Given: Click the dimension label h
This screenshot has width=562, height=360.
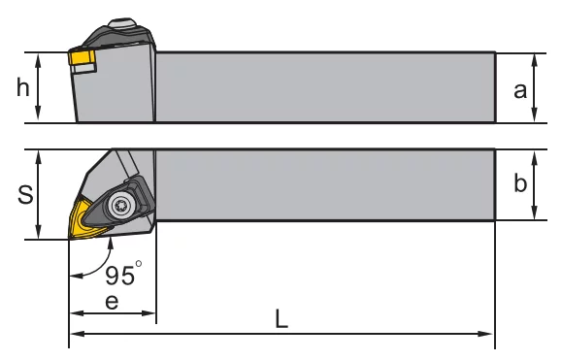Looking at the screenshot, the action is tap(23, 87).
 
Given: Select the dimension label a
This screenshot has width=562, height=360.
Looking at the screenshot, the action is tap(520, 90).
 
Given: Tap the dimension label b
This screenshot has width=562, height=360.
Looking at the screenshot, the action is tap(520, 182).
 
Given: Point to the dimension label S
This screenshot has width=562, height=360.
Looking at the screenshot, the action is tap(25, 194).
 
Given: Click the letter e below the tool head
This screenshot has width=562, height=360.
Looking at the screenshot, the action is tap(112, 302).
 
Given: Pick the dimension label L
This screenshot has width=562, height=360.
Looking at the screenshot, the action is tap(281, 318).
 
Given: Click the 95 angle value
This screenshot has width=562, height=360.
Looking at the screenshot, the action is tap(119, 276).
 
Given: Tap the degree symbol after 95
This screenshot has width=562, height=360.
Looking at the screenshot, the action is tap(139, 264).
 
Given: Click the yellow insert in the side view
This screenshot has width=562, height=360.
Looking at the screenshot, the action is tap(82, 57).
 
